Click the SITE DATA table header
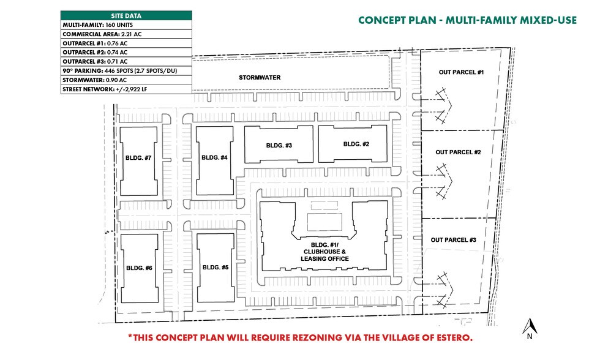tap(126, 15)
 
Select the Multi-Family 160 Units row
tap(126, 24)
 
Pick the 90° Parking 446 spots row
tap(126, 70)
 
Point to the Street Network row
tap(126, 89)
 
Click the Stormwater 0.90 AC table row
tap(126, 80)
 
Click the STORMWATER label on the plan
tap(259, 78)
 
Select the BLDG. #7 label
tap(138, 158)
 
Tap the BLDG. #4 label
tap(214, 158)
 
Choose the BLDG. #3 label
tap(279, 145)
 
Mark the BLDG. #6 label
tap(139, 268)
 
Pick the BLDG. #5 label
tap(215, 267)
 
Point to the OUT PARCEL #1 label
tap(462, 73)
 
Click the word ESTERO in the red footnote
tap(449, 338)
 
